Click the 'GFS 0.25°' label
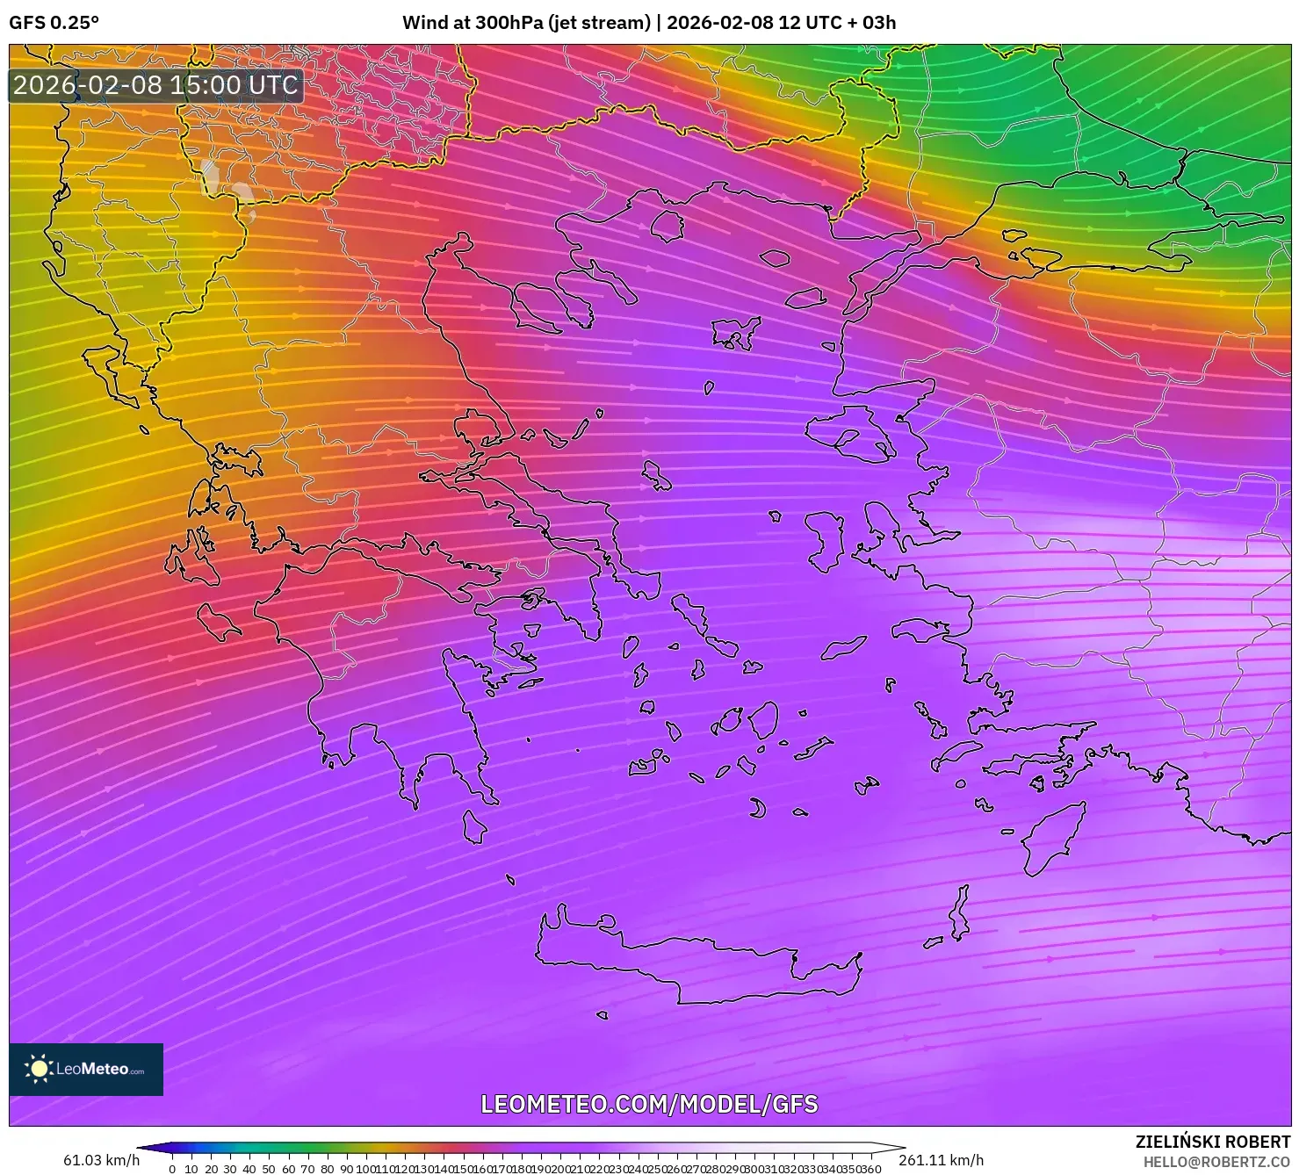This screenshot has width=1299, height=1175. click(x=54, y=23)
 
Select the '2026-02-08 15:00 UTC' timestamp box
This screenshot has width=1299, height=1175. click(x=155, y=85)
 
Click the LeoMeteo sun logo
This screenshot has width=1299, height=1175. click(x=39, y=1069)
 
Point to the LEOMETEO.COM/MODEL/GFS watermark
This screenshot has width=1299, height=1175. click(x=649, y=1104)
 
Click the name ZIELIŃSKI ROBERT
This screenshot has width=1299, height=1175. click(x=1212, y=1143)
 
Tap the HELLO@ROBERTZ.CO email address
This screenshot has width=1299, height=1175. click(x=1216, y=1162)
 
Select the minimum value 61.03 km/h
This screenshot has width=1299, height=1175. click(x=101, y=1160)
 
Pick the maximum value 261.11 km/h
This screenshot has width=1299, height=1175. click(x=941, y=1160)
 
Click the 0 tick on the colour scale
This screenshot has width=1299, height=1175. click(x=172, y=1169)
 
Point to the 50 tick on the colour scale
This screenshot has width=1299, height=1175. click(x=269, y=1169)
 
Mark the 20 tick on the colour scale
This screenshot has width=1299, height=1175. click(x=211, y=1169)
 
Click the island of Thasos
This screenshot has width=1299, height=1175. click(x=667, y=225)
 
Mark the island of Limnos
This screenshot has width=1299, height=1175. click(x=734, y=333)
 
